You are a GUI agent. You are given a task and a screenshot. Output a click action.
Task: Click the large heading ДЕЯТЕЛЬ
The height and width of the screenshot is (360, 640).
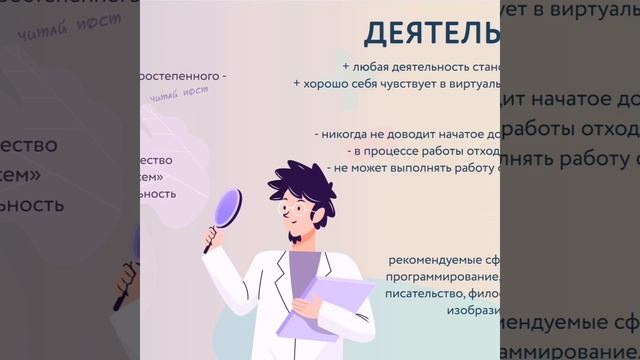431,33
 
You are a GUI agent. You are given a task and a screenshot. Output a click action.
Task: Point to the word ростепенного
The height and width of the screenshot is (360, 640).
183,76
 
